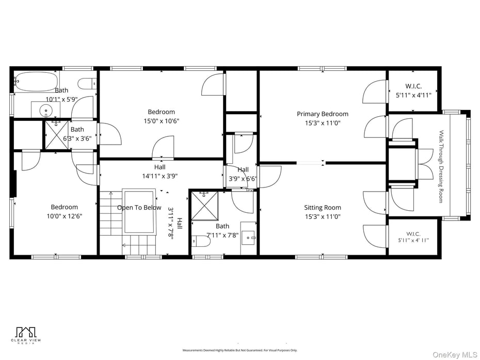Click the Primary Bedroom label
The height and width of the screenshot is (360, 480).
point(322,114)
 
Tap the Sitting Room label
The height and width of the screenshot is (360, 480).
point(322,208)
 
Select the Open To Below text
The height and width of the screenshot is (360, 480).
point(139,208)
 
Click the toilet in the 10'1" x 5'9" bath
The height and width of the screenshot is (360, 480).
point(88,83)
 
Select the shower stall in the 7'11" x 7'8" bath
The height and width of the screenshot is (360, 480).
point(205,206)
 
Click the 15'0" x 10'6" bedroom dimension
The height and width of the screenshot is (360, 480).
point(161,121)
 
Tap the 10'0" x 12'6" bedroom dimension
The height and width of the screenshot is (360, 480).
point(64,216)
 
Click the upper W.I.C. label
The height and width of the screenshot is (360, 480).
point(413,86)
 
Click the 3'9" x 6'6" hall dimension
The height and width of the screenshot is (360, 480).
point(243,179)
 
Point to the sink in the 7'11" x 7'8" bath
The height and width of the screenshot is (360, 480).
point(249,239)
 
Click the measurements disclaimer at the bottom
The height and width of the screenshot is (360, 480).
point(239,350)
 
